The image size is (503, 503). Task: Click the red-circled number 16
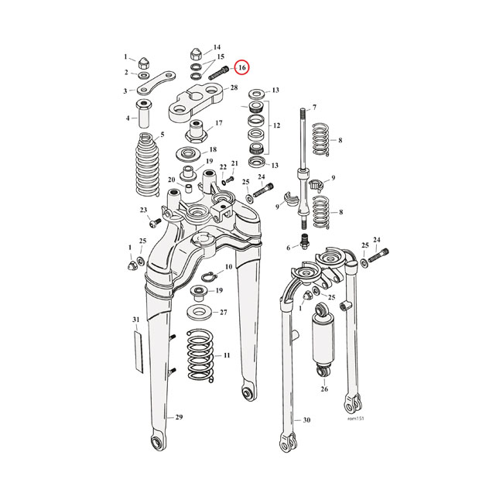point(242,67)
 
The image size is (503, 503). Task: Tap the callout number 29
point(179,418)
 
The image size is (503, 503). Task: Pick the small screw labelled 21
point(228,180)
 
